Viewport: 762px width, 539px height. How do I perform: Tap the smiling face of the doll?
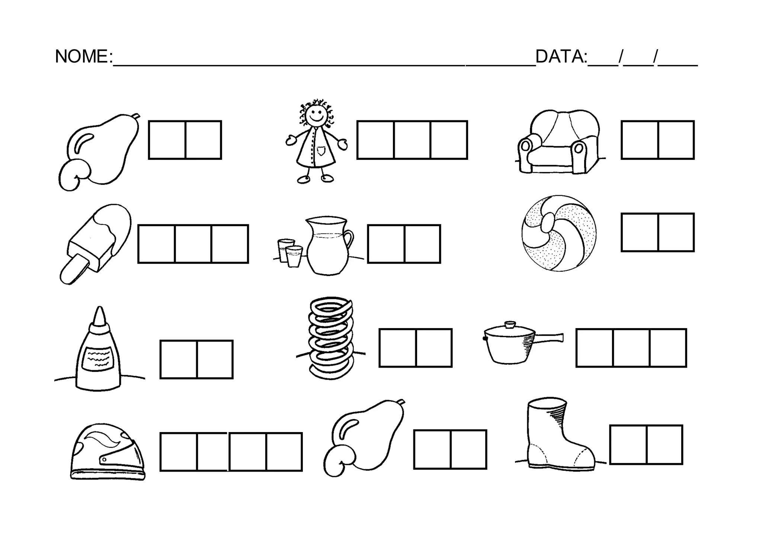tap(316, 114)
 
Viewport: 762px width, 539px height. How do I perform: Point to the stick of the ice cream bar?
tap(74, 269)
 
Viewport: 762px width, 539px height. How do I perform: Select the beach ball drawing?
tap(559, 233)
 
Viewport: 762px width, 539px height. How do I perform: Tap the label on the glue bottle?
tap(98, 358)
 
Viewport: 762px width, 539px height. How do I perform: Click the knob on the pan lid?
tap(510, 324)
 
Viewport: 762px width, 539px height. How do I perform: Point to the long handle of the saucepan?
tap(548, 337)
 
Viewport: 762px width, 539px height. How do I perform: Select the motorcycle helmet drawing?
tap(107, 451)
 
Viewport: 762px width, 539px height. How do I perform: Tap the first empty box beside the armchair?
tap(640, 140)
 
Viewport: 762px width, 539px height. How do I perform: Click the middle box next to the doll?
tap(412, 140)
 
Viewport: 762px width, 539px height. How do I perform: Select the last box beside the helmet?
tap(284, 452)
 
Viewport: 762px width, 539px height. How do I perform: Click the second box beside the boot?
tap(665, 445)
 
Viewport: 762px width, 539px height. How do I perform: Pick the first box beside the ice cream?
tap(156, 244)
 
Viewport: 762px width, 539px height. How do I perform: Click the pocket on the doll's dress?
tap(321, 150)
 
